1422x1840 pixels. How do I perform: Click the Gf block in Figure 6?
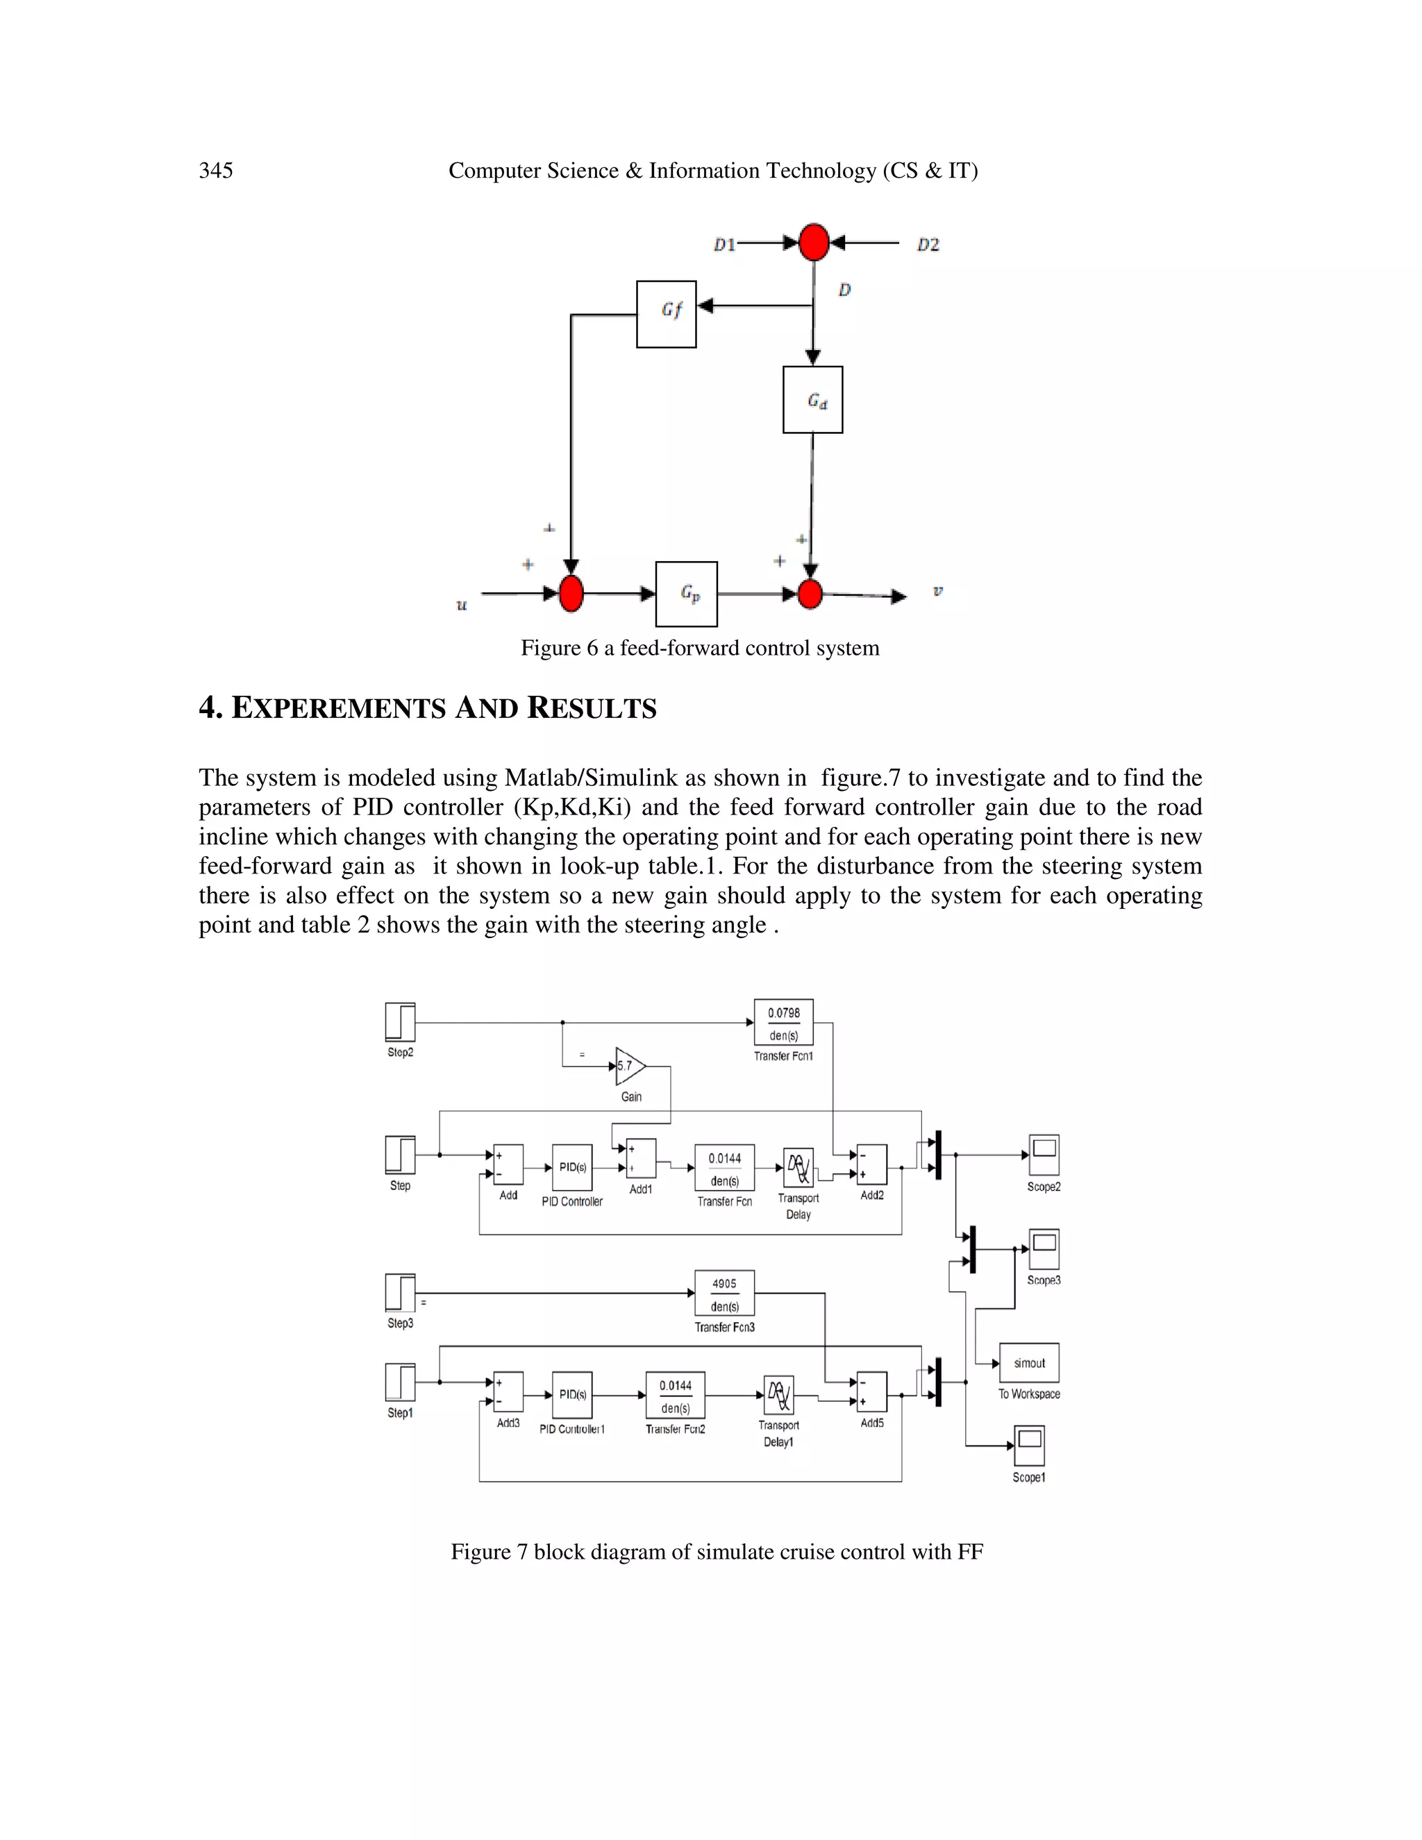click(665, 313)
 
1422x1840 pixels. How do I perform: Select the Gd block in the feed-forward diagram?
click(812, 399)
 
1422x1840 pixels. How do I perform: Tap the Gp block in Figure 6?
click(686, 594)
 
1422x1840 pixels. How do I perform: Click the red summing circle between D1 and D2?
click(813, 242)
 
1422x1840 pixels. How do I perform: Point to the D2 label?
click(928, 244)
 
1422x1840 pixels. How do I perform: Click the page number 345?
click(216, 170)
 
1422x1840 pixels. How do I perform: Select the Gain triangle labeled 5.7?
click(629, 1066)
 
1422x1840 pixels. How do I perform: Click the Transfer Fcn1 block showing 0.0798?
click(783, 1022)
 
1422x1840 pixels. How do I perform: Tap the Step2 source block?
click(400, 1022)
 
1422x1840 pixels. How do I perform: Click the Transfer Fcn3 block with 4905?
click(723, 1294)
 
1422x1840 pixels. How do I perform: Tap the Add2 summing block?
click(872, 1164)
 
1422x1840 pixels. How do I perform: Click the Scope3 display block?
click(1044, 1249)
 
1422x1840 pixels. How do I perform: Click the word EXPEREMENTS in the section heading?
click(338, 708)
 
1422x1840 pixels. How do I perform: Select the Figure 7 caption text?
click(716, 1551)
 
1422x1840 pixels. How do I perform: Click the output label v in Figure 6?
click(937, 591)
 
